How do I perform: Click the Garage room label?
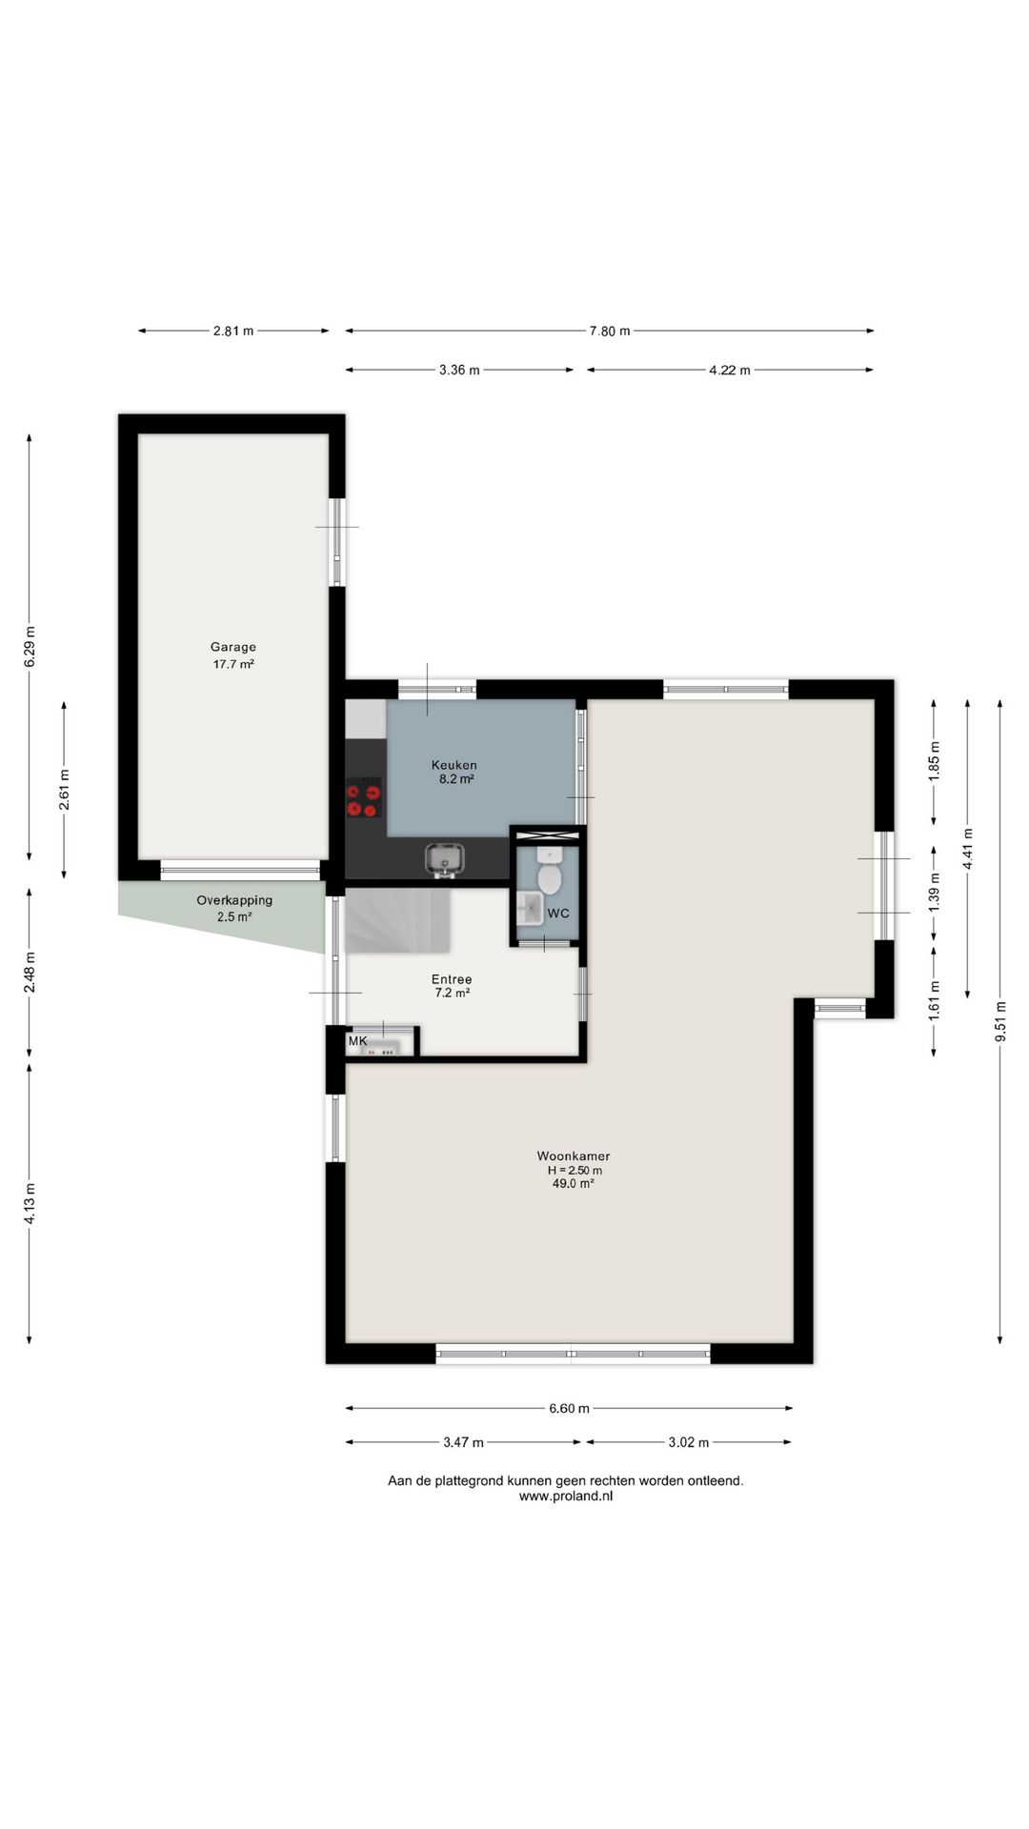click(x=233, y=647)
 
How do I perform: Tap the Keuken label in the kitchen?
click(x=454, y=765)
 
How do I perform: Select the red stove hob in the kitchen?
click(x=364, y=798)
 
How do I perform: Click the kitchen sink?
click(x=444, y=858)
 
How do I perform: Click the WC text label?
click(x=558, y=914)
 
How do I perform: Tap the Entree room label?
click(x=452, y=979)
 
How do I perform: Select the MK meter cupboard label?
click(x=357, y=1041)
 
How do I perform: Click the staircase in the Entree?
click(x=397, y=920)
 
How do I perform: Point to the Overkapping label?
click(x=234, y=900)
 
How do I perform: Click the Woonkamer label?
click(x=574, y=1156)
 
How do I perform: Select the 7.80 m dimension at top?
click(x=610, y=332)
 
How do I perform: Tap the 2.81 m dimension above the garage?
click(x=233, y=332)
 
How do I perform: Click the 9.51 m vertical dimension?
click(x=999, y=1021)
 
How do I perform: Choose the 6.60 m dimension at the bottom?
click(x=569, y=1408)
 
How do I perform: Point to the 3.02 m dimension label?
click(x=689, y=1442)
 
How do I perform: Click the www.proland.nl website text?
click(x=566, y=1496)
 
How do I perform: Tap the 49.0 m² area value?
click(x=574, y=1183)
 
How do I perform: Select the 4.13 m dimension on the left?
click(x=30, y=1203)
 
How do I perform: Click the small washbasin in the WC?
click(x=530, y=909)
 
